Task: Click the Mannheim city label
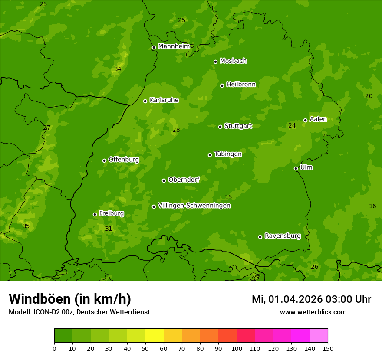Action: (174, 46)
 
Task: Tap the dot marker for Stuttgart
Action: (220, 127)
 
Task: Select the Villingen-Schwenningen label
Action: (194, 206)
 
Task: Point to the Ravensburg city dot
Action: (260, 237)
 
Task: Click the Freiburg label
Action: (111, 213)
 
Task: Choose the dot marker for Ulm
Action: (296, 168)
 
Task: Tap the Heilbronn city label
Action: (241, 85)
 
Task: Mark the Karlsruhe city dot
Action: (145, 101)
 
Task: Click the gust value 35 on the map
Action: (26, 226)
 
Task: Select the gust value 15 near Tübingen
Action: (228, 197)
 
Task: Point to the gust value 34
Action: (118, 69)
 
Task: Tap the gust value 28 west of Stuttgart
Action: (176, 130)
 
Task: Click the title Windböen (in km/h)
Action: (70, 299)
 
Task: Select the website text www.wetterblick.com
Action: (313, 312)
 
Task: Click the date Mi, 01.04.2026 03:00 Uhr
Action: (311, 299)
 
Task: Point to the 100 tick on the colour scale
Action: (237, 348)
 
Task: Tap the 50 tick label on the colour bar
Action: (145, 348)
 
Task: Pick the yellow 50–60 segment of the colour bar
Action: (155, 336)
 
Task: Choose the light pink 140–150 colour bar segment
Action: (319, 336)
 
